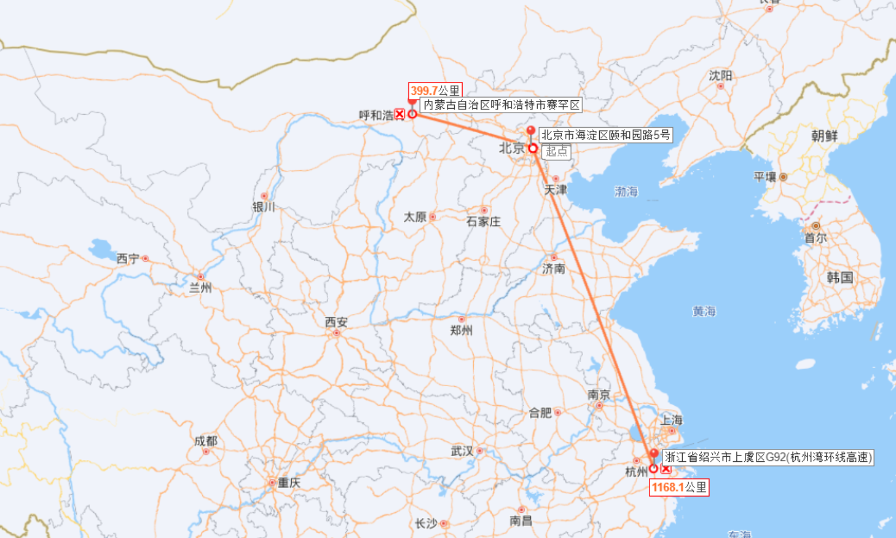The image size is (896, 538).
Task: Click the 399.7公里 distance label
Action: point(435,90)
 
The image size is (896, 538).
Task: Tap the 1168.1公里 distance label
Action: point(679,487)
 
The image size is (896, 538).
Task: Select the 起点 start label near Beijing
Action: point(557,151)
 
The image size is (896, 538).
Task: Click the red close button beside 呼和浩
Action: point(399,114)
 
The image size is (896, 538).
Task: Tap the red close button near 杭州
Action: point(665,469)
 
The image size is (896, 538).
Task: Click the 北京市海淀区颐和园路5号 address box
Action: point(605,134)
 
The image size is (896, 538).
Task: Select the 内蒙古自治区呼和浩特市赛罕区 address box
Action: point(501,105)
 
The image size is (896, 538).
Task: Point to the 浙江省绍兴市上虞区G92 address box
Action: point(767,457)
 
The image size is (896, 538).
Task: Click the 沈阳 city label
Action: point(720,76)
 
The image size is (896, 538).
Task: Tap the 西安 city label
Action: point(336,322)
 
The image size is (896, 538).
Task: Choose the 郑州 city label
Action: point(461,330)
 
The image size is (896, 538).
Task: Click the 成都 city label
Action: point(206,441)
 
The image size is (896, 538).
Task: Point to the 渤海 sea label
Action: point(626,192)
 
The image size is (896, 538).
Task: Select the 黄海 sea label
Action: point(704,311)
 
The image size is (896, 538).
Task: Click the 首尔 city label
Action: point(815,238)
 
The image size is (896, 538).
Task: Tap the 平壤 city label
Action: point(765,177)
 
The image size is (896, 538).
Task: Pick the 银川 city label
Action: point(264,207)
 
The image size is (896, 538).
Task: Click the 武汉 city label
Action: point(462,451)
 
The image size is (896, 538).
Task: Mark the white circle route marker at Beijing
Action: point(533,148)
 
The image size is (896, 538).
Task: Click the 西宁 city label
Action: point(128,258)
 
